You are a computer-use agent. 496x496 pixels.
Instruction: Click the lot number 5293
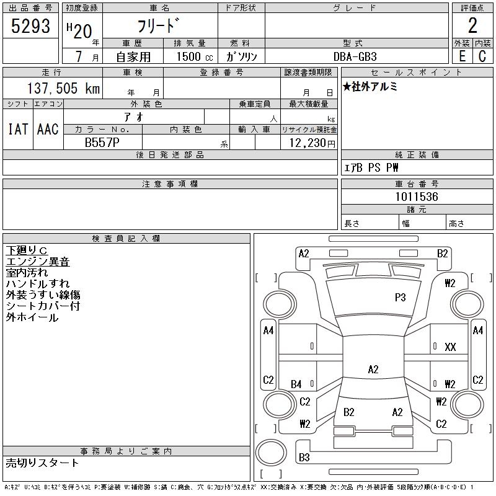pyautogui.click(x=31, y=25)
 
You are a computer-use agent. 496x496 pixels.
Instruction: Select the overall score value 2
pyautogui.click(x=472, y=25)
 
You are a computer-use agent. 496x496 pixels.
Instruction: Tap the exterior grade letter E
pyautogui.click(x=462, y=56)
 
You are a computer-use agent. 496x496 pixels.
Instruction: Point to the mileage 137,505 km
pyautogui.click(x=63, y=89)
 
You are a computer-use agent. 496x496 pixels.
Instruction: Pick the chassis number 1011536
pyautogui.click(x=417, y=197)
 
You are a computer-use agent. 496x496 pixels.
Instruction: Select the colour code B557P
pyautogui.click(x=102, y=142)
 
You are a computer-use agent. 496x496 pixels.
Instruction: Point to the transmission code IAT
pyautogui.click(x=17, y=129)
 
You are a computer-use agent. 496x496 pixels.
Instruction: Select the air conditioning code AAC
pyautogui.click(x=47, y=129)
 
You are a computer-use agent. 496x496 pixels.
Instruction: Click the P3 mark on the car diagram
pyautogui.click(x=401, y=298)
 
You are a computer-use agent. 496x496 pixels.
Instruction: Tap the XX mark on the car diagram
pyautogui.click(x=450, y=347)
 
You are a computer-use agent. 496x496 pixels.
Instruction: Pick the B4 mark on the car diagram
pyautogui.click(x=296, y=384)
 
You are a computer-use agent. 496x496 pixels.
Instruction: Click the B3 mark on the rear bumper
pyautogui.click(x=304, y=458)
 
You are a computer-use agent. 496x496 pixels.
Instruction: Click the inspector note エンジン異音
pyautogui.click(x=37, y=262)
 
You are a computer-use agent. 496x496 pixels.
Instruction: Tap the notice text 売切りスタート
pyautogui.click(x=42, y=463)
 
